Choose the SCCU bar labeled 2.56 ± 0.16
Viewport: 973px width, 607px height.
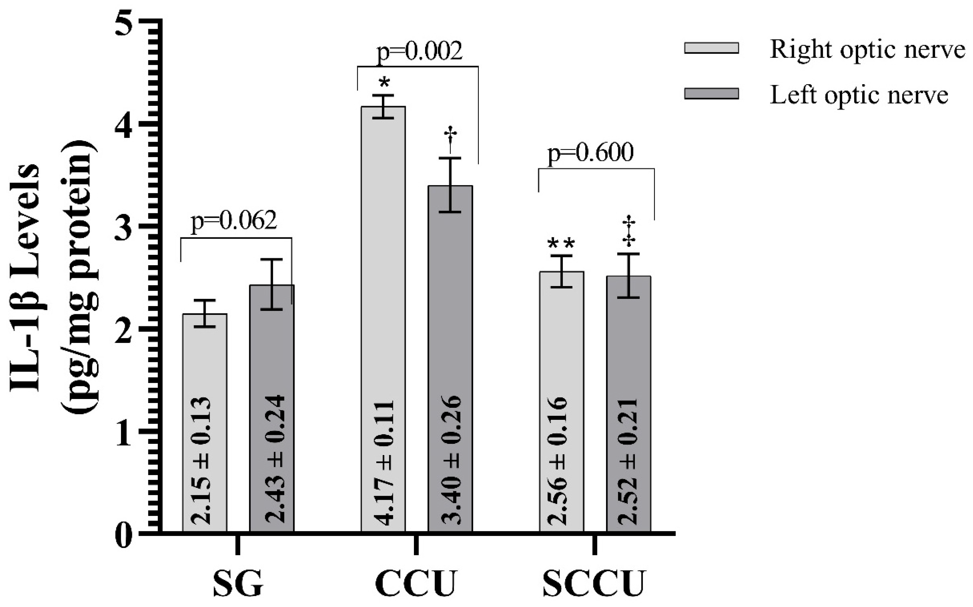561,401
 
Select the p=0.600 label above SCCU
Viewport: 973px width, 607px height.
591,153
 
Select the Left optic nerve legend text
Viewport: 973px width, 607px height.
859,96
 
